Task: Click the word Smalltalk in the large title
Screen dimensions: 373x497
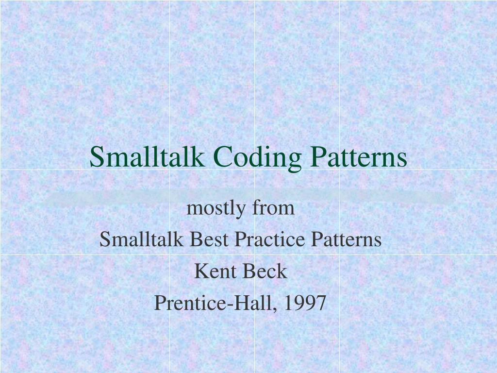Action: (146, 157)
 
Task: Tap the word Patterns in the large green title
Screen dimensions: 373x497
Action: (359, 157)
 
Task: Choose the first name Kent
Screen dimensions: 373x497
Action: (212, 271)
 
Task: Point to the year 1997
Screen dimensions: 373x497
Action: (305, 303)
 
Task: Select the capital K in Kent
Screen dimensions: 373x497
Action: (199, 271)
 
